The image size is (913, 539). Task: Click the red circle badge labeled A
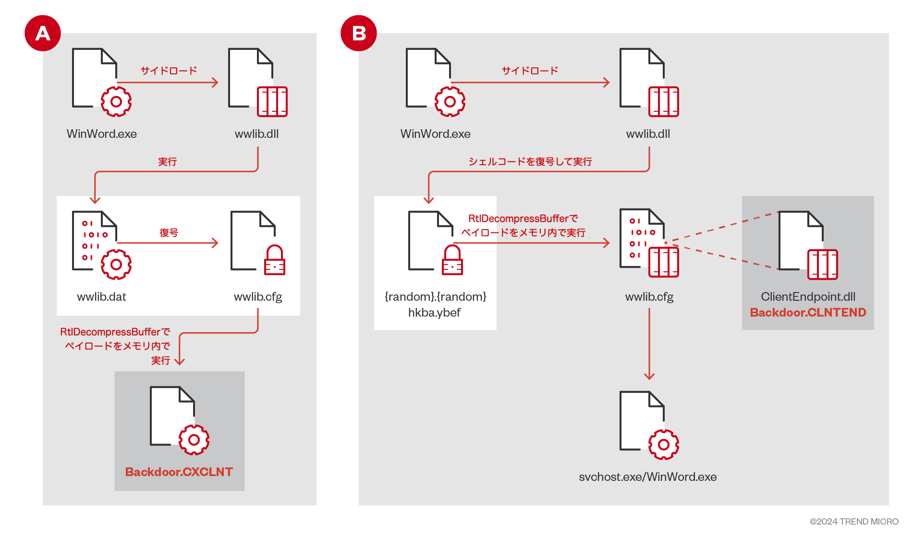click(43, 33)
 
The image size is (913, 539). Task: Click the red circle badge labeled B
click(359, 33)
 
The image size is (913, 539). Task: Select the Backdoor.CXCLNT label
click(179, 472)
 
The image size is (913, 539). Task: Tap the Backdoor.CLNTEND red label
click(808, 312)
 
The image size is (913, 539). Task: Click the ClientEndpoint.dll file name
click(808, 296)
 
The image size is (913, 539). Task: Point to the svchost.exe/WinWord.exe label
click(647, 477)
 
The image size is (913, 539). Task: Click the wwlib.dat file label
click(101, 296)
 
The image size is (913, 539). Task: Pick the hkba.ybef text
click(434, 312)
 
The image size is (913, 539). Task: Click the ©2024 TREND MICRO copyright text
click(853, 521)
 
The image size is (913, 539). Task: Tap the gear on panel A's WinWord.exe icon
click(116, 101)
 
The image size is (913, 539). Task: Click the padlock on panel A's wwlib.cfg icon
click(275, 261)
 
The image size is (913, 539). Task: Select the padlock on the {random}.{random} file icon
click(452, 261)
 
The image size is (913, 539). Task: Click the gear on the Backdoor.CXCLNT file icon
click(194, 440)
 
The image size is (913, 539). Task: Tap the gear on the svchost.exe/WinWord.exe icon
click(663, 444)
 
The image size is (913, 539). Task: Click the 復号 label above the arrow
click(169, 233)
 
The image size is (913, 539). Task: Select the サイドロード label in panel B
click(530, 71)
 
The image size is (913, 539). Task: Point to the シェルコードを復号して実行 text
click(530, 161)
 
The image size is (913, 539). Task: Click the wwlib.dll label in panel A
click(256, 134)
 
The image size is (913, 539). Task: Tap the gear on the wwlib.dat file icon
click(116, 264)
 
